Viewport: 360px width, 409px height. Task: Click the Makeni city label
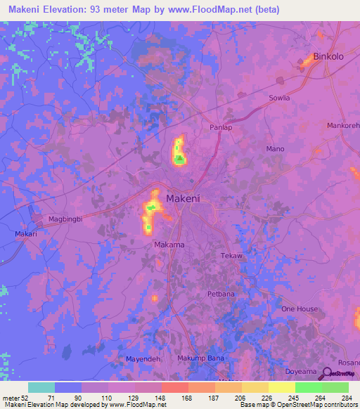point(184,199)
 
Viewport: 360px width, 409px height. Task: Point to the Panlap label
point(220,127)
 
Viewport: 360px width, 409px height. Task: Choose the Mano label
point(275,149)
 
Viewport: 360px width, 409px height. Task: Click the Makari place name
point(26,233)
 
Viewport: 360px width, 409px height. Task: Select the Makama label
point(169,245)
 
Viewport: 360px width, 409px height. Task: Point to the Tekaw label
point(231,256)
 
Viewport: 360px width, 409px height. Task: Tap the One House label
point(300,309)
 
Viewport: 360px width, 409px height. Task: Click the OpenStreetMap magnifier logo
point(327,373)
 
